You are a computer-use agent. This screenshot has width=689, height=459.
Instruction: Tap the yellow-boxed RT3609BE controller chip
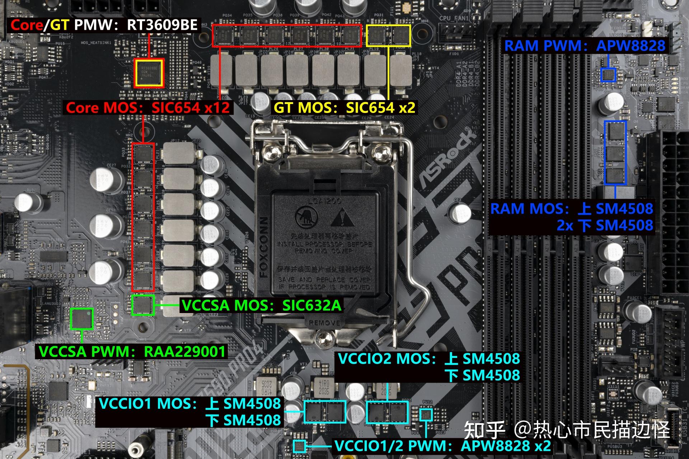[149, 73]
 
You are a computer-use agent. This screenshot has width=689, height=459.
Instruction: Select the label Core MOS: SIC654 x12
[147, 108]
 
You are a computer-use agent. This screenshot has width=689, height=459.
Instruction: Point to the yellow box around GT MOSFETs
[389, 36]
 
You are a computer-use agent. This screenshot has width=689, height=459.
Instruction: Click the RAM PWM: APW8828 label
[585, 46]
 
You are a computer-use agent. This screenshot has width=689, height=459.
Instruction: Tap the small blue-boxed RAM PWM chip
[608, 75]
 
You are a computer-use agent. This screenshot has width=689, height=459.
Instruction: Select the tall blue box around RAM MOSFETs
[615, 152]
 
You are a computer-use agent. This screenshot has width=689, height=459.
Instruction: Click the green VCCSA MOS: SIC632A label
[261, 305]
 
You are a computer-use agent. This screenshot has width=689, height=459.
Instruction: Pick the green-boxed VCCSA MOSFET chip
[142, 305]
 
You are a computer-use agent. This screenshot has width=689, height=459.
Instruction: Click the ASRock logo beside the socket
[445, 158]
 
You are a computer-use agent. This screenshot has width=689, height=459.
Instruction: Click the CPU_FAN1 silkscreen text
[454, 18]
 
